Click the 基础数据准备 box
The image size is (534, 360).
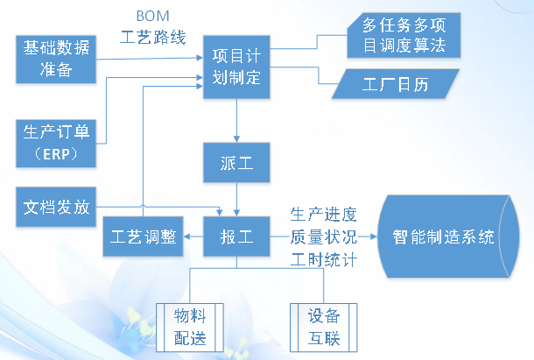56,60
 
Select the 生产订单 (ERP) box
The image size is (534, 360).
56,144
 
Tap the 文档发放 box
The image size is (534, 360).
56,207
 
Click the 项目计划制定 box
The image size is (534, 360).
236,67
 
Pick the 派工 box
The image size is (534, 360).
236,163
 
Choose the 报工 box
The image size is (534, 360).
236,236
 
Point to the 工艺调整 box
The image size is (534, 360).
143,236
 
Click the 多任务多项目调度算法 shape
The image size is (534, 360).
404,35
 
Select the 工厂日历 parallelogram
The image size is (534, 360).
396,84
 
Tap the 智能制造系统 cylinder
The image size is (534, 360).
448,236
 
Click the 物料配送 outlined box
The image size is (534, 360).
190,328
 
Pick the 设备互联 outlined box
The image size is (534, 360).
324,328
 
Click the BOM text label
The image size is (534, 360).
152,16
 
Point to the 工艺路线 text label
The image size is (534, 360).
153,37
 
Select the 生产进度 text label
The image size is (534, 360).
324,215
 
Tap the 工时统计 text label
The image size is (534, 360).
324,260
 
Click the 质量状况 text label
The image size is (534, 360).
324,236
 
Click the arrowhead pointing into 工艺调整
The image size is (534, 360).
186,236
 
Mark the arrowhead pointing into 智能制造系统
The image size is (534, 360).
374,236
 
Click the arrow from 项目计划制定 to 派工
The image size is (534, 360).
236,121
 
